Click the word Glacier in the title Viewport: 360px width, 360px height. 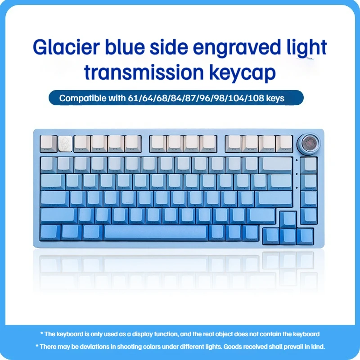(x=66, y=47)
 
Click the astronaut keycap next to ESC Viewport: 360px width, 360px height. (x=65, y=144)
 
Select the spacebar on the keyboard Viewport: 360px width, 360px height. (x=155, y=233)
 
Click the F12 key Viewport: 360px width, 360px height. (x=284, y=144)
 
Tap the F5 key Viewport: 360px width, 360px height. (x=158, y=144)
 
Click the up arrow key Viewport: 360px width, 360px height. (x=288, y=220)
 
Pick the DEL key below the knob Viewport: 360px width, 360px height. (x=309, y=165)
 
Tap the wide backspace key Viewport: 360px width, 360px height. (x=276, y=165)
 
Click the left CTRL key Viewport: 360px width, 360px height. (x=50, y=233)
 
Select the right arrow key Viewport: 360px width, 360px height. (x=305, y=236)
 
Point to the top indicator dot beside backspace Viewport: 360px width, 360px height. (x=297, y=160)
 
